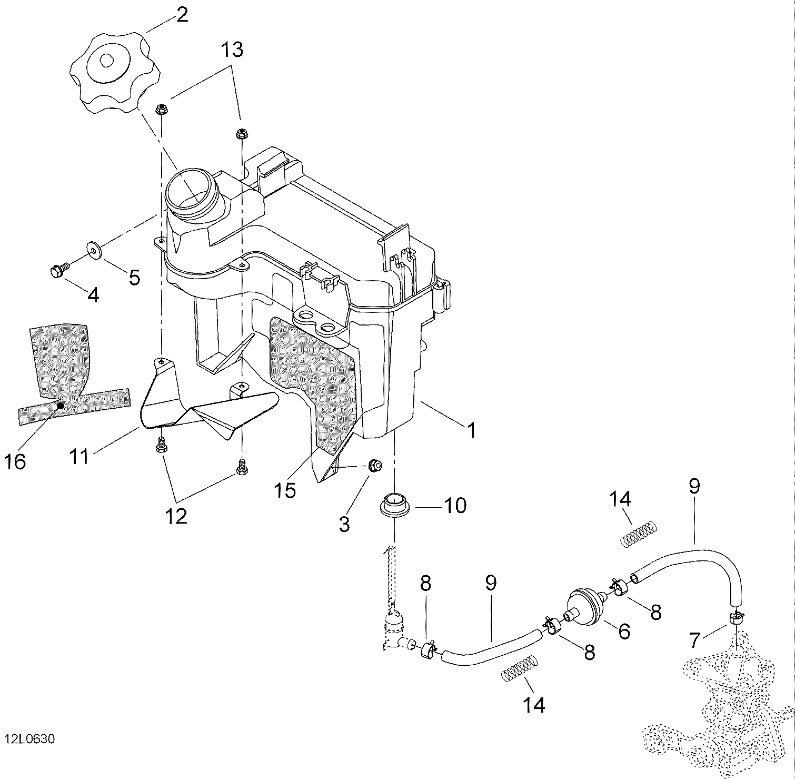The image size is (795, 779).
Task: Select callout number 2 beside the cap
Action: coord(182,15)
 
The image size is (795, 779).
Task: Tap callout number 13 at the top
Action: coord(232,50)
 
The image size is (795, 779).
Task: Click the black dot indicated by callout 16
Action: coord(61,406)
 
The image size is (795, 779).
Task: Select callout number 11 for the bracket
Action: coord(79,457)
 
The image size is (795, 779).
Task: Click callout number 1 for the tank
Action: coord(472,429)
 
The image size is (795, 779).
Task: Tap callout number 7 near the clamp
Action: coord(694,640)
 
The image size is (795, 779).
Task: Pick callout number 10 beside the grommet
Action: coord(455,506)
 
